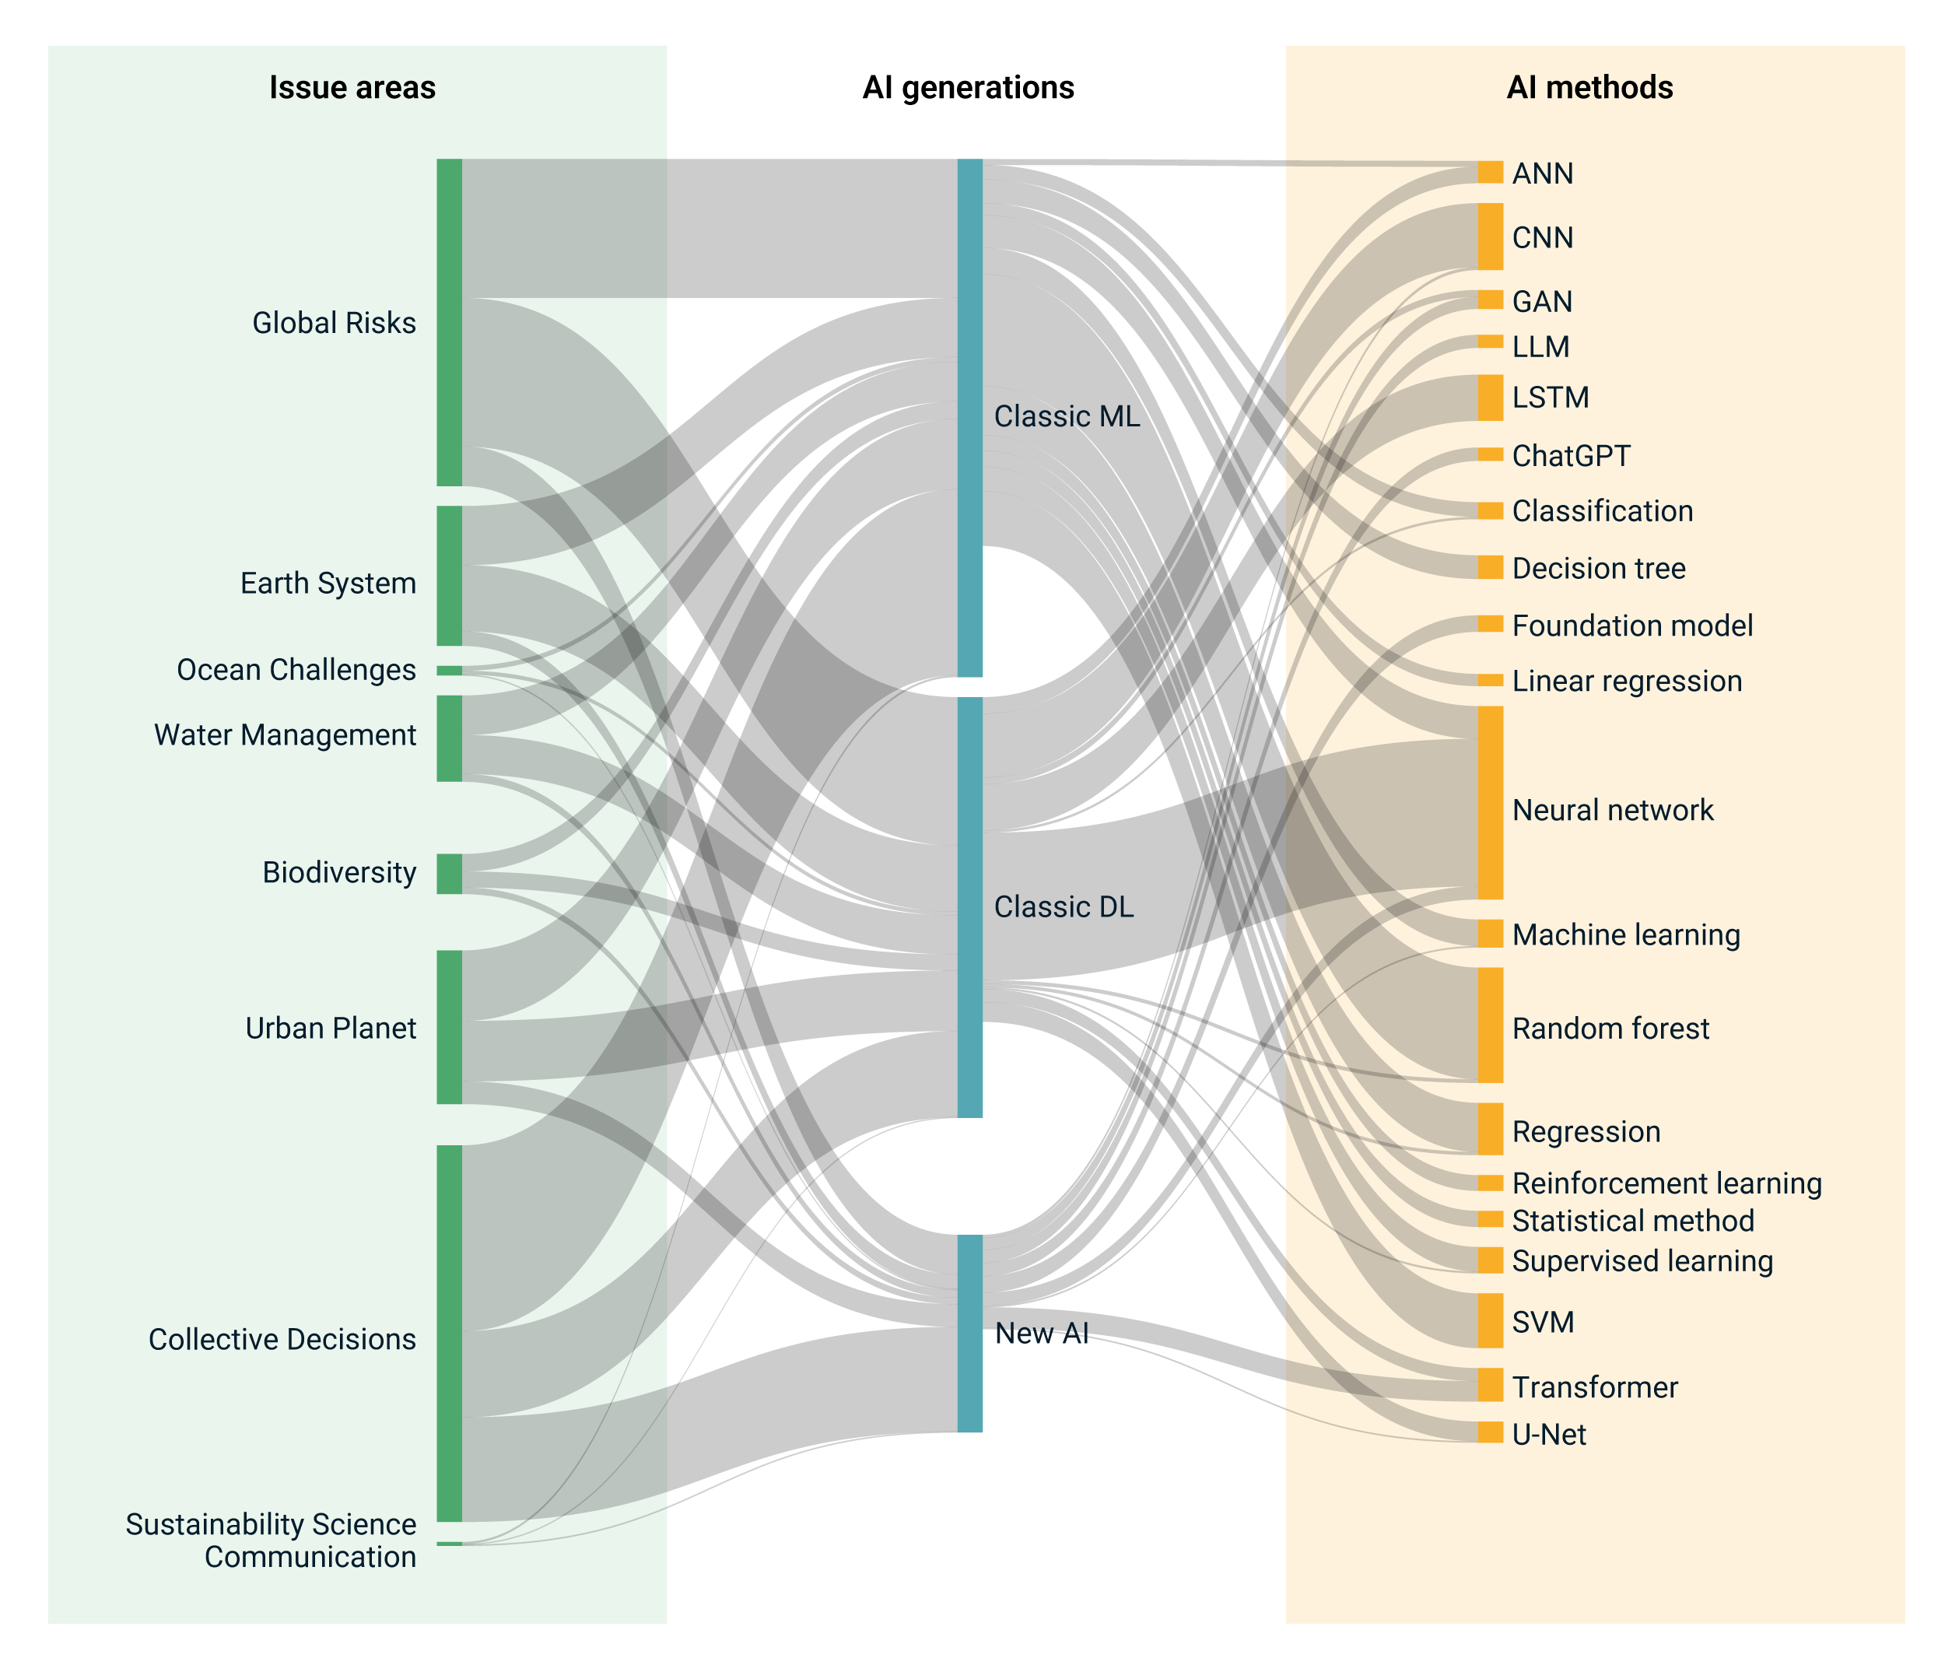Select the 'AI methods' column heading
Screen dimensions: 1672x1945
coord(1589,87)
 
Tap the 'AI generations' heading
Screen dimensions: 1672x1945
coord(968,87)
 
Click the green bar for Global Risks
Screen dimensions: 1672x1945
coord(449,322)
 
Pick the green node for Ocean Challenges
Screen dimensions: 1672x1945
coord(449,671)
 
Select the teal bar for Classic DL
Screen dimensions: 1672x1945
coord(969,907)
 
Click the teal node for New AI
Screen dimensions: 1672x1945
coord(969,1333)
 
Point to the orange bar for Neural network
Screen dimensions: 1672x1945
coord(1490,803)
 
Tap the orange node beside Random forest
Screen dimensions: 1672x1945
coord(1490,1025)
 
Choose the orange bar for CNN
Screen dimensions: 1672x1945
coord(1490,237)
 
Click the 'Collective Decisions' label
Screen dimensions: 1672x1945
coord(282,1339)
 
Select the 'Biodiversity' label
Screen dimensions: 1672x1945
coord(339,872)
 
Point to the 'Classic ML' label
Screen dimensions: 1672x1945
coord(1067,416)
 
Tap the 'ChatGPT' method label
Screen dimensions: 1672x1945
coord(1571,456)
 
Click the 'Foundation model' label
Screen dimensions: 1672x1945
coord(1631,626)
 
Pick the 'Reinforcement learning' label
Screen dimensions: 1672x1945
coord(1666,1183)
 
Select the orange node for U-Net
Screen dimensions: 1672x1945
coord(1490,1432)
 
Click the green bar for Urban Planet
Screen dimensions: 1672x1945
coord(449,1027)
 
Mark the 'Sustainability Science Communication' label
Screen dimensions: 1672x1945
coord(270,1540)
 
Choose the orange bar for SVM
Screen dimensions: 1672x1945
coord(1490,1320)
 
